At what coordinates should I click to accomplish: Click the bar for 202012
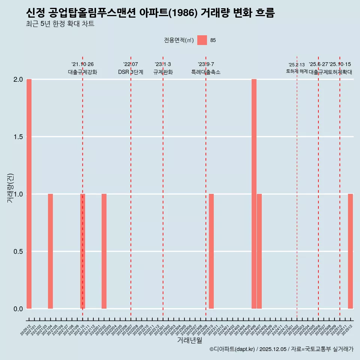29,194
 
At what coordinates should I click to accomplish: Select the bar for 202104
50,251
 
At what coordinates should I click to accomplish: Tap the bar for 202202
104,251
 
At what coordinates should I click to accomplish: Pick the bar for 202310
211,251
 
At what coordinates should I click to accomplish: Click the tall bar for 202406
254,194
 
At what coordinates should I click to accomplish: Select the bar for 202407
259,251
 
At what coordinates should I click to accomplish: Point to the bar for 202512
350,251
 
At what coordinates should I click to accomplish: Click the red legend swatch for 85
202,40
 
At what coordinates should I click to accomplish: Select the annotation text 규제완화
163,72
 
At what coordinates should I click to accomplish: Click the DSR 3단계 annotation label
130,72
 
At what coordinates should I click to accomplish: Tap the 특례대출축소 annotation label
205,72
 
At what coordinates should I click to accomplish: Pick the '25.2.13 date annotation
297,65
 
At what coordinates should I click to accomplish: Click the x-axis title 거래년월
189,340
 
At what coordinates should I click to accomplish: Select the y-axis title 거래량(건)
10,188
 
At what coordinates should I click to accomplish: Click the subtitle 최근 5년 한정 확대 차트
60,24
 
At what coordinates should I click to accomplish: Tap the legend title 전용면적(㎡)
178,40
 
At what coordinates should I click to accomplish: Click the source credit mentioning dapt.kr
281,349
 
